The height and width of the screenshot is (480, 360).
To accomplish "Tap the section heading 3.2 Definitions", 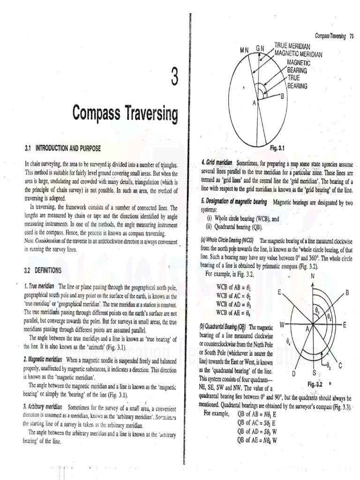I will pos(43,270).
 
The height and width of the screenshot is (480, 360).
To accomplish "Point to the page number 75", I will pos(351,36).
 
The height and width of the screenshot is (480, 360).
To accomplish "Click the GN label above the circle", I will pos(260,48).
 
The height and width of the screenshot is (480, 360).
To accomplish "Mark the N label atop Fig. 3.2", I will pos(313,276).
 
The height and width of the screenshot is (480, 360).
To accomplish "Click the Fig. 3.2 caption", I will pos(316,384).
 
